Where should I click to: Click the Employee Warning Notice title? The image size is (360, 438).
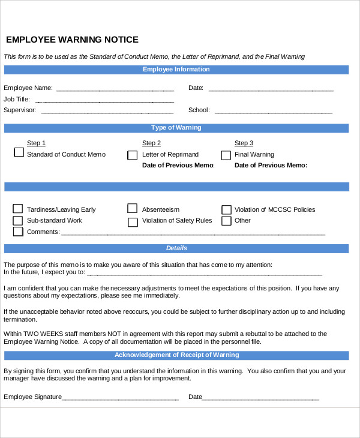click(x=72, y=40)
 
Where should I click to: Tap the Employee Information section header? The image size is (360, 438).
click(x=176, y=70)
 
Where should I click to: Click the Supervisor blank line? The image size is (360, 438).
click(x=107, y=110)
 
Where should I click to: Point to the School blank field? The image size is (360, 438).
click(x=273, y=110)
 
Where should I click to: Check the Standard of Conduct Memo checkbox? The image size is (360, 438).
click(x=18, y=153)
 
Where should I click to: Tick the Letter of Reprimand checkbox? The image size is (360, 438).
click(x=132, y=155)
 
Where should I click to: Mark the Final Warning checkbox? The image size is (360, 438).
click(x=226, y=155)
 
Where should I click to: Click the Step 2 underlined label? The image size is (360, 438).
click(x=151, y=143)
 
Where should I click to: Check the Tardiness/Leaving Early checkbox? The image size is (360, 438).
click(x=18, y=209)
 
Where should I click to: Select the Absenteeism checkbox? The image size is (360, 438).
click(x=132, y=209)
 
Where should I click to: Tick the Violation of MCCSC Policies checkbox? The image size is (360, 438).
click(x=226, y=209)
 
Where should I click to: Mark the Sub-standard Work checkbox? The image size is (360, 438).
click(x=18, y=220)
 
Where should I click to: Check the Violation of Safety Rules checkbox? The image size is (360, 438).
click(x=132, y=221)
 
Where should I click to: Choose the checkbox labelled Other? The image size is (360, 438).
click(x=226, y=221)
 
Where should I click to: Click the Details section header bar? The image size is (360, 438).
click(x=176, y=248)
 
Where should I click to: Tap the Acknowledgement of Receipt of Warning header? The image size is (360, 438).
click(x=176, y=355)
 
